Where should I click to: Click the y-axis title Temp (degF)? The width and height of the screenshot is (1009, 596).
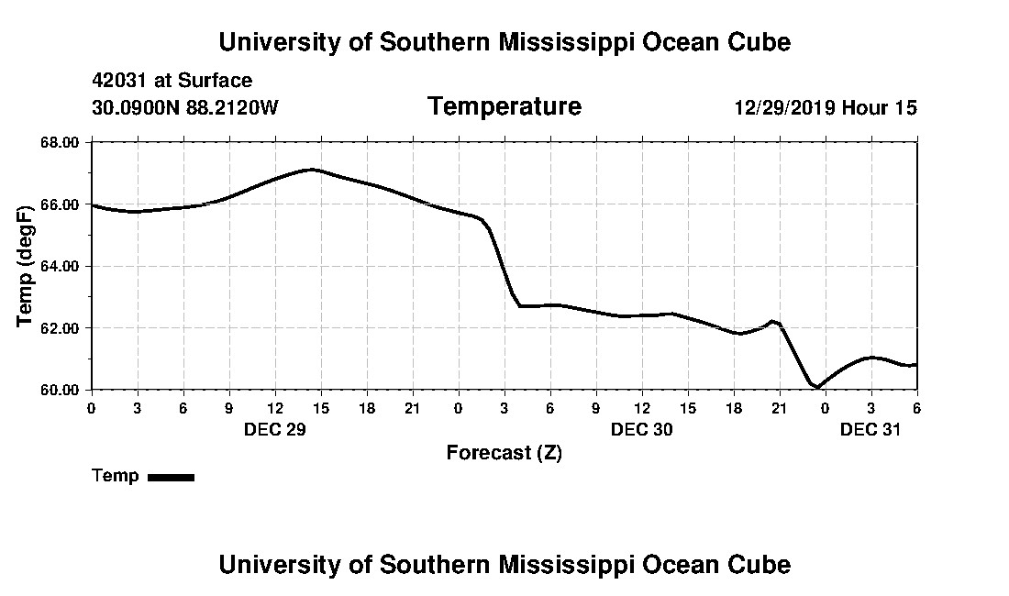point(26,266)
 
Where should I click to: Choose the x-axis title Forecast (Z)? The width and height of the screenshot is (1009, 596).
point(504,453)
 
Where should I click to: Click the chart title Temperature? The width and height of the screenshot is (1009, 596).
point(504,107)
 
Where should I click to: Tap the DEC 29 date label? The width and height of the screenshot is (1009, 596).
point(274,429)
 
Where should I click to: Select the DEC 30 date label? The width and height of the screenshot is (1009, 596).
point(641,429)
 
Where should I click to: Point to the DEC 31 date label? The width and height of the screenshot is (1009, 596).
point(870,429)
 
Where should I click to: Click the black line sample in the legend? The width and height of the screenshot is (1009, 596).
point(171,477)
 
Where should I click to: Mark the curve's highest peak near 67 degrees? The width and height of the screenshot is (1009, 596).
point(313,169)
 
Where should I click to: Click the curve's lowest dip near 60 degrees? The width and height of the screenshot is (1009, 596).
point(816,387)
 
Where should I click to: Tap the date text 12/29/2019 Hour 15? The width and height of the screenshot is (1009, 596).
point(825,108)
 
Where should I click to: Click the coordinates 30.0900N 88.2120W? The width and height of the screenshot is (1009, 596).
point(184,108)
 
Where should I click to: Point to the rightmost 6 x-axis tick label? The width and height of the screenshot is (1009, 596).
point(916,408)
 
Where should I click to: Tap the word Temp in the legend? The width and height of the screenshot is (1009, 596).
point(116,476)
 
